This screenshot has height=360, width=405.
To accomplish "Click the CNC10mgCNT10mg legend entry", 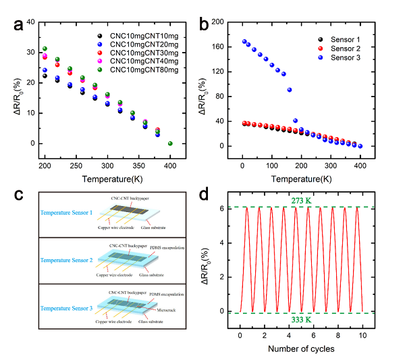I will click(140, 34).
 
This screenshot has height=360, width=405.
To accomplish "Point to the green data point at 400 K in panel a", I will click(170, 143).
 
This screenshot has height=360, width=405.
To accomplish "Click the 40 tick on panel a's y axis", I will click(30, 22).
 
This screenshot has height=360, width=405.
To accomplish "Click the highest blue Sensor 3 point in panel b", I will click(244, 42).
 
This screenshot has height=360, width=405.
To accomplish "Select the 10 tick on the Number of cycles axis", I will click(362, 335).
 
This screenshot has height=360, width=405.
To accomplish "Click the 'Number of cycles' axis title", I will click(301, 349).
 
